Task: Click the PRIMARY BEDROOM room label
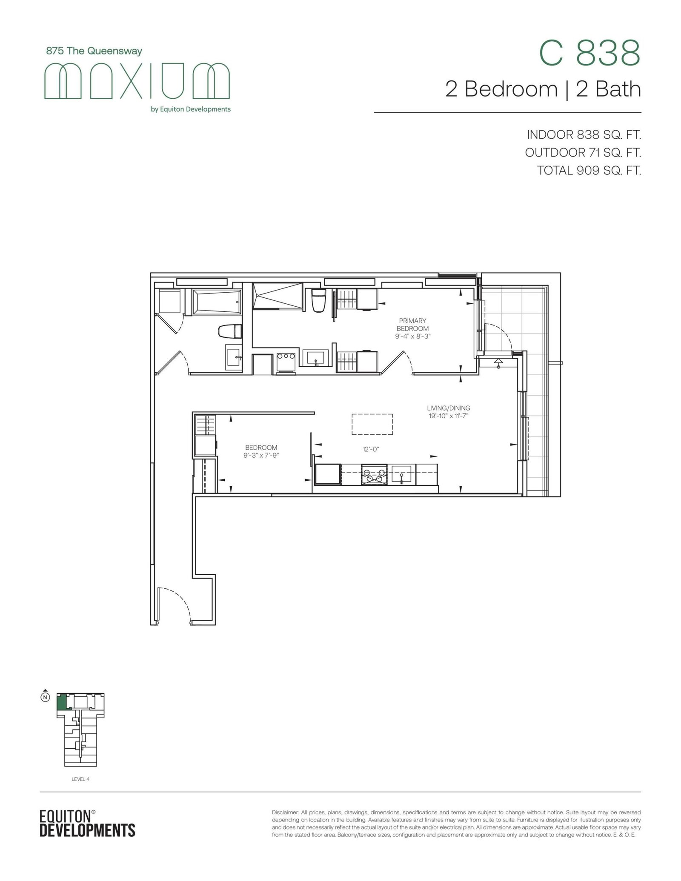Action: pos(412,325)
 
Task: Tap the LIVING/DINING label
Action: pos(449,408)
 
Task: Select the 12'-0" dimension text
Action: pos(371,449)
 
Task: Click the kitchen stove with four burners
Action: pos(374,475)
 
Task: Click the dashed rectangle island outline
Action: pos(372,424)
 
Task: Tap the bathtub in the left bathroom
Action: pos(217,302)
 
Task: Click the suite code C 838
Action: pos(589,53)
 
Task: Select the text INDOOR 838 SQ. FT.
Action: pos(584,135)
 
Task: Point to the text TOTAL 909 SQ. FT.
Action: pos(589,171)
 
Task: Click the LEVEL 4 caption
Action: pos(80,779)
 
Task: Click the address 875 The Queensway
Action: pos(94,51)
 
